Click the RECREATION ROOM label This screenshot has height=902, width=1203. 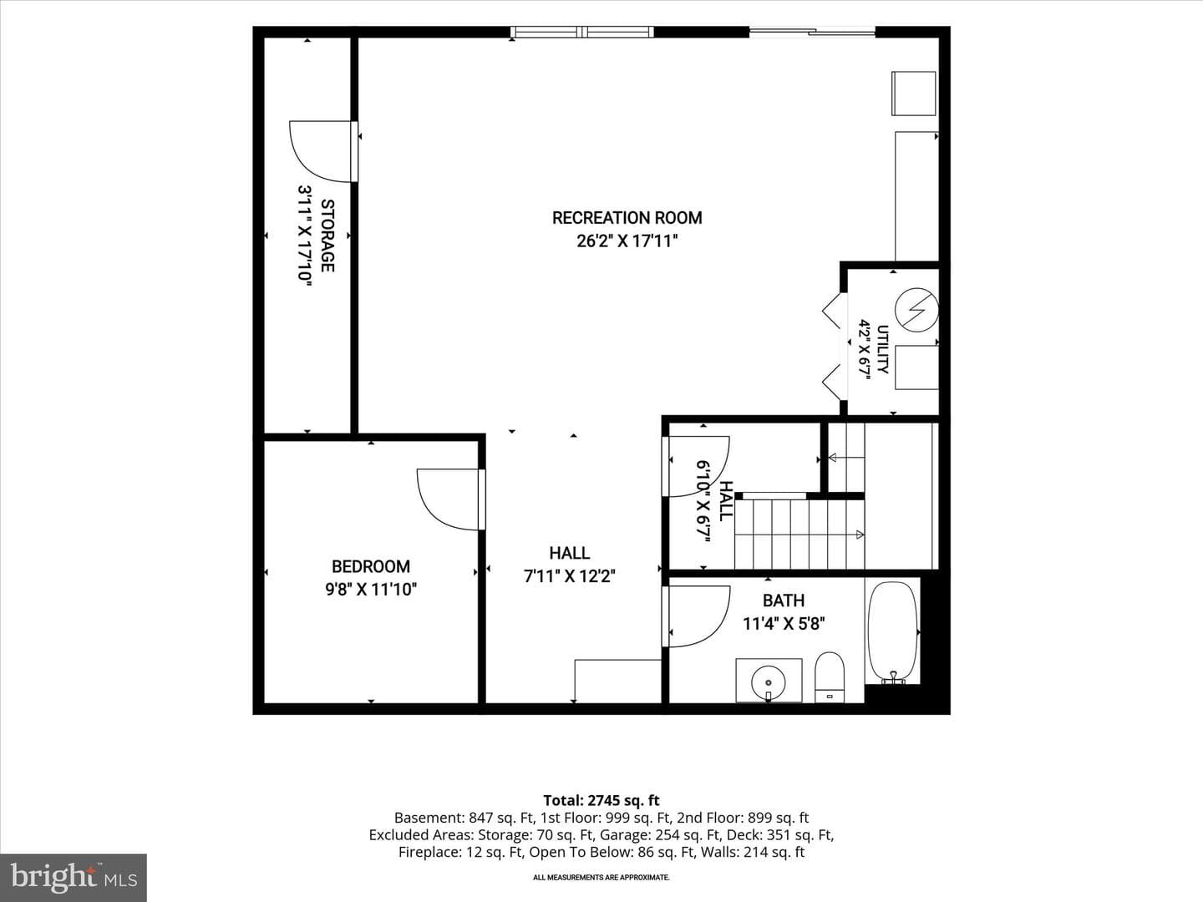coord(627,218)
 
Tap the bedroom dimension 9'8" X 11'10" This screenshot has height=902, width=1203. coord(371,590)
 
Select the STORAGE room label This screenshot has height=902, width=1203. coord(327,236)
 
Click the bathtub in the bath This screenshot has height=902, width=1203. coord(892,632)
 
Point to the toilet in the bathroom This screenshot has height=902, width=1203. coord(830,676)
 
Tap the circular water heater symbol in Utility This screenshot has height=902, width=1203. coord(916,309)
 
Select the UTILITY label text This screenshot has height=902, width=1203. coord(882,349)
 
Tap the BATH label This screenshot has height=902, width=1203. coord(784,600)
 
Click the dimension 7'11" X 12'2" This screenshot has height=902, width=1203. coord(570,576)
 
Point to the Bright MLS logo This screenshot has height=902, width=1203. coord(74,877)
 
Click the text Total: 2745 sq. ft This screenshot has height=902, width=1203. coord(601,800)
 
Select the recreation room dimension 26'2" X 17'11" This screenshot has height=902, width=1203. coord(627,241)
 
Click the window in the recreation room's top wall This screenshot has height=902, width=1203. coord(582,32)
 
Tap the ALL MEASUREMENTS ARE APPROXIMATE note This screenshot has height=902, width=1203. coord(601,877)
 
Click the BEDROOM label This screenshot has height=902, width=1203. coord(371,566)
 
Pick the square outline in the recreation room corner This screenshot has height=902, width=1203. coord(913,93)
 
